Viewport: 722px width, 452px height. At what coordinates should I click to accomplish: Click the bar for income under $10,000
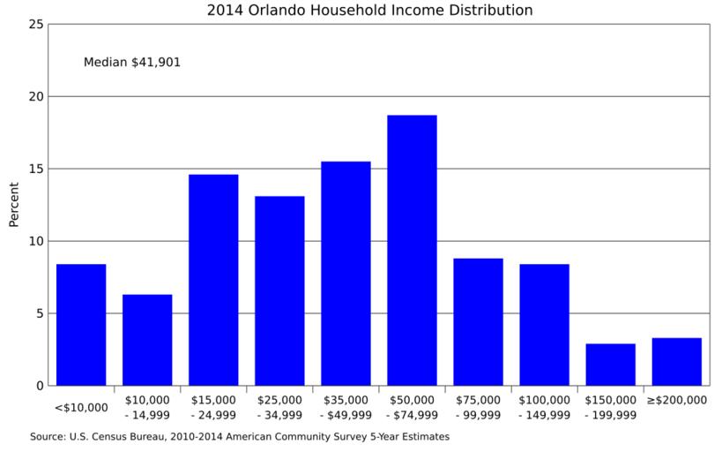click(x=81, y=325)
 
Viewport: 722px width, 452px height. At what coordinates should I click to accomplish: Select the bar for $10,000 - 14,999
click(x=147, y=340)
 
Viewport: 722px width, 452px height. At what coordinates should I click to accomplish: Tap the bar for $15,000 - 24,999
click(x=213, y=280)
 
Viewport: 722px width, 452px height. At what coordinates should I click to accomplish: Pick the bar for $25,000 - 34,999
click(x=279, y=290)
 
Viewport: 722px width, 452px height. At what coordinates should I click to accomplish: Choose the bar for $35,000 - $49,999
click(x=346, y=274)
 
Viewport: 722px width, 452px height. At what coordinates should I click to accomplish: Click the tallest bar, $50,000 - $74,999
click(x=412, y=250)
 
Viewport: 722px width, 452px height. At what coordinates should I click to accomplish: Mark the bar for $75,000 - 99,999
click(x=478, y=322)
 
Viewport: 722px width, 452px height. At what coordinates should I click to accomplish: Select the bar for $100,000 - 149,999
click(x=544, y=325)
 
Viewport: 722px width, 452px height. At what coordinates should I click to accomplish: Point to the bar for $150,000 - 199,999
click(x=610, y=365)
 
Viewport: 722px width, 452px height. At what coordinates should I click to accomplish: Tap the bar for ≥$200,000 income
click(x=676, y=362)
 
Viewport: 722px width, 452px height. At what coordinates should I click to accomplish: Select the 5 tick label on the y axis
click(x=40, y=313)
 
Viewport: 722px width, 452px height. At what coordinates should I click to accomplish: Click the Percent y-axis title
click(x=14, y=205)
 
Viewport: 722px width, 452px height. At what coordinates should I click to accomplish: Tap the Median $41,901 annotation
click(x=131, y=63)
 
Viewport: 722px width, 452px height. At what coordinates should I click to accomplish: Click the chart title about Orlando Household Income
click(x=369, y=11)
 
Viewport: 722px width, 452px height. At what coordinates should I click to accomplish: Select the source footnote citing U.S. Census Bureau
click(x=240, y=436)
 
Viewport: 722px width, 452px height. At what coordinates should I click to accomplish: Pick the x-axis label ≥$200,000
click(x=676, y=400)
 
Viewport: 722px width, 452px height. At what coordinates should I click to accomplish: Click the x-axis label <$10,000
click(x=81, y=408)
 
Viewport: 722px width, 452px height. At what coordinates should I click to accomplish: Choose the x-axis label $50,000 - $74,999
click(x=412, y=406)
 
